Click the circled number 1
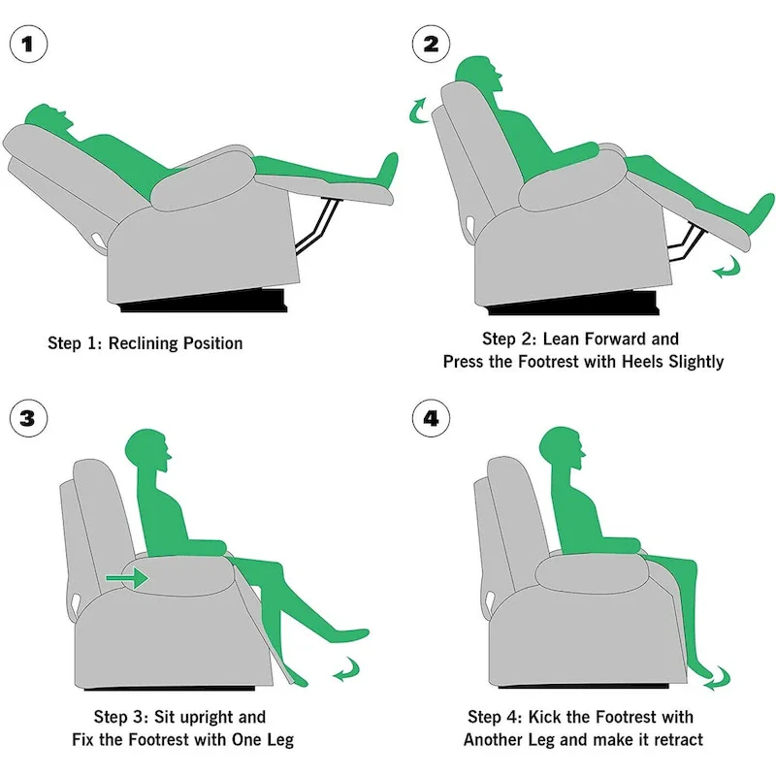pyautogui.click(x=28, y=45)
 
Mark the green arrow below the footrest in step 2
pyautogui.click(x=725, y=269)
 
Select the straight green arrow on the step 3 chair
pyautogui.click(x=126, y=579)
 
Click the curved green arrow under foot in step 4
pyautogui.click(x=715, y=678)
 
